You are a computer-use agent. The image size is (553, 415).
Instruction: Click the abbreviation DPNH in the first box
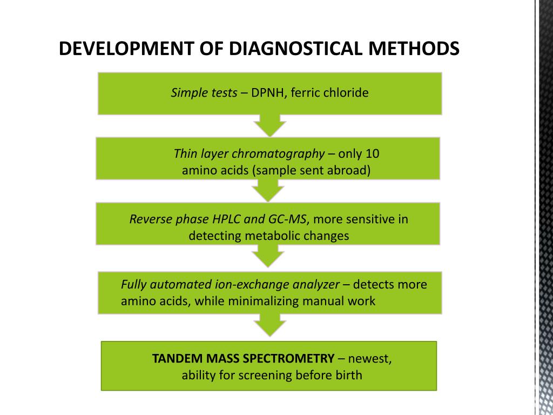[269, 93]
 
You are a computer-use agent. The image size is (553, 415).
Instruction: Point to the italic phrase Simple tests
[204, 93]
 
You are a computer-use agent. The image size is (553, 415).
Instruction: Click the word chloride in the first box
[346, 93]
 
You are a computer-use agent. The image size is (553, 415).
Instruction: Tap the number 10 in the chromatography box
[373, 154]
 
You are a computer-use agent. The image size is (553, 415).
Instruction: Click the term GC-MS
[287, 219]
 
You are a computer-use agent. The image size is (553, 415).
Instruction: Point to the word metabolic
[273, 236]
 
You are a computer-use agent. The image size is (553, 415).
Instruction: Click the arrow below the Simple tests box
[269, 125]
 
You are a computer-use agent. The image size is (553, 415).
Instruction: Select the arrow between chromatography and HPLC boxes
[268, 190]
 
